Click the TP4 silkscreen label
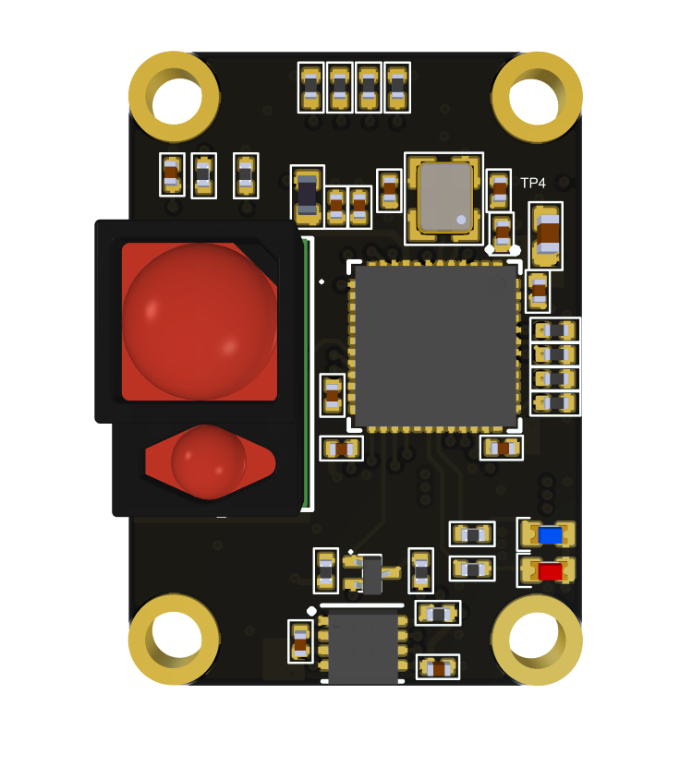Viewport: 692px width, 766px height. [x=532, y=184]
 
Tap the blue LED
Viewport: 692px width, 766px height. [x=550, y=535]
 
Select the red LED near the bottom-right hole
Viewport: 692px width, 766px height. [x=550, y=571]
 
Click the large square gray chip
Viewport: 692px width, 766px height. [x=435, y=346]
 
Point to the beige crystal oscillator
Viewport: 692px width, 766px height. [x=445, y=197]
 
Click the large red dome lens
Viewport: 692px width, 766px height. [x=200, y=321]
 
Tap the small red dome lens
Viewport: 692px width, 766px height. [x=208, y=461]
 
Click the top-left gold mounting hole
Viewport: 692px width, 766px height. [x=175, y=97]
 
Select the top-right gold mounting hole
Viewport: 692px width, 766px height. [x=537, y=97]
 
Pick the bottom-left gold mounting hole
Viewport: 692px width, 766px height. [x=175, y=639]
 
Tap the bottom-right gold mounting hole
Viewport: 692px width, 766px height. [x=537, y=639]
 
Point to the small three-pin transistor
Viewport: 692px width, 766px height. [x=371, y=573]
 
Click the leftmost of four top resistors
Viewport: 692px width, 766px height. [x=311, y=88]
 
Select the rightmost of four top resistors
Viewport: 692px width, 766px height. [x=397, y=88]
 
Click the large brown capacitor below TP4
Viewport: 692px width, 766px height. [x=547, y=235]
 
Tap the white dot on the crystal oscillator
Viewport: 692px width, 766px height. [x=461, y=220]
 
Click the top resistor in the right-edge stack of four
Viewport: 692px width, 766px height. [x=555, y=330]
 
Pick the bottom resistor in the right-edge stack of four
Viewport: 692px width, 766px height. [x=555, y=403]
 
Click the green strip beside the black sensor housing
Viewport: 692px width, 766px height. [x=305, y=374]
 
